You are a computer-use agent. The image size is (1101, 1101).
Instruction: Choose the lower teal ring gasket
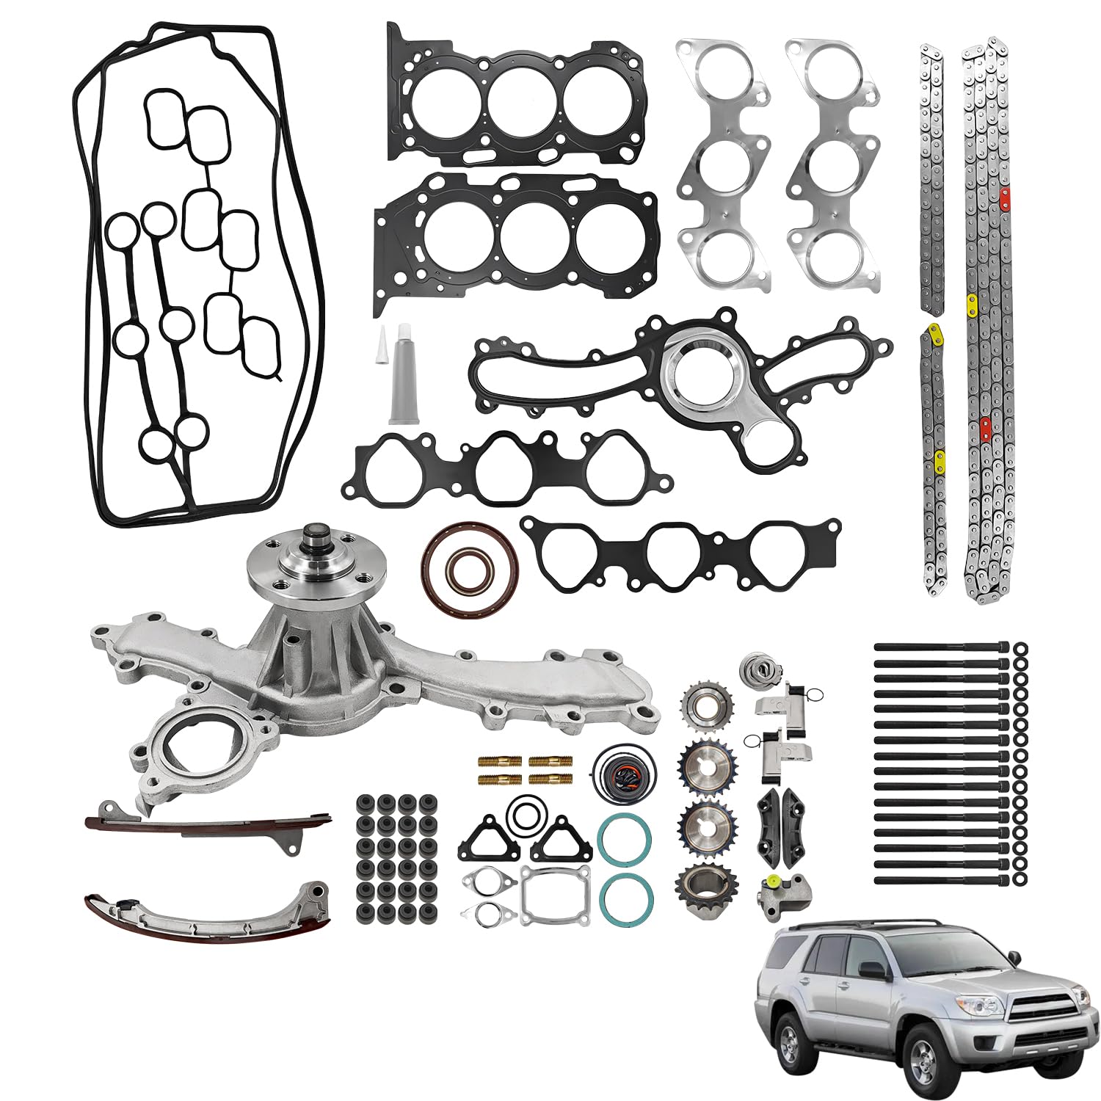pos(626,898)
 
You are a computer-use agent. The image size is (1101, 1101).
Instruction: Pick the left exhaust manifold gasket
pos(724,164)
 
